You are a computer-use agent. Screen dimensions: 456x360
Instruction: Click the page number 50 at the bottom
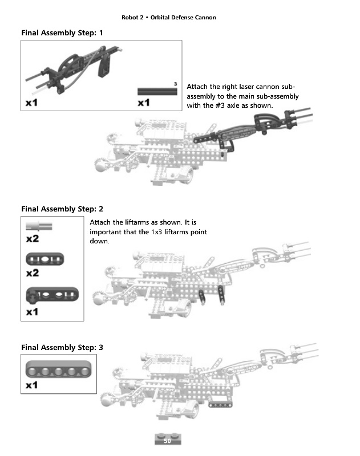pyautogui.click(x=167, y=441)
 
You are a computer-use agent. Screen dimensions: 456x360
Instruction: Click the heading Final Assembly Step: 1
pyautogui.click(x=62, y=33)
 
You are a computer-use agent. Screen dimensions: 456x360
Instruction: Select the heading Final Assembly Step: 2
pyautogui.click(x=62, y=209)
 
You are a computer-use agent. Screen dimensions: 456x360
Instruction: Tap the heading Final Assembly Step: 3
pyautogui.click(x=62, y=347)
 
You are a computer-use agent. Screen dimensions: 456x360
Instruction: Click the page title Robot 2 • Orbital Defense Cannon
pyautogui.click(x=169, y=17)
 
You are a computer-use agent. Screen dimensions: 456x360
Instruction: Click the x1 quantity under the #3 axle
pyautogui.click(x=143, y=103)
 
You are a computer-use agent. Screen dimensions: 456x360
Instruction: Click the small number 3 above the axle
pyautogui.click(x=175, y=84)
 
